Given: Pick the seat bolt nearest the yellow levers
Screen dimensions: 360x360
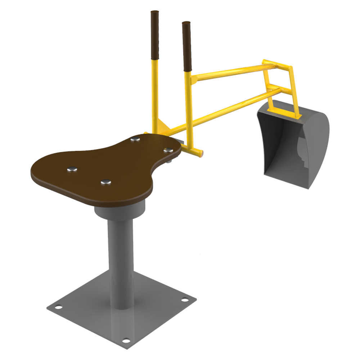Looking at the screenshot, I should pos(135,139).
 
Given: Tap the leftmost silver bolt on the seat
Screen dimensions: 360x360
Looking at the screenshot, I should pos(72,169).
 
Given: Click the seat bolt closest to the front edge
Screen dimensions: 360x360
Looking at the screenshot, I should pos(105,183).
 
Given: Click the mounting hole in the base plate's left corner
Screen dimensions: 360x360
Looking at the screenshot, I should pos(57,307).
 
